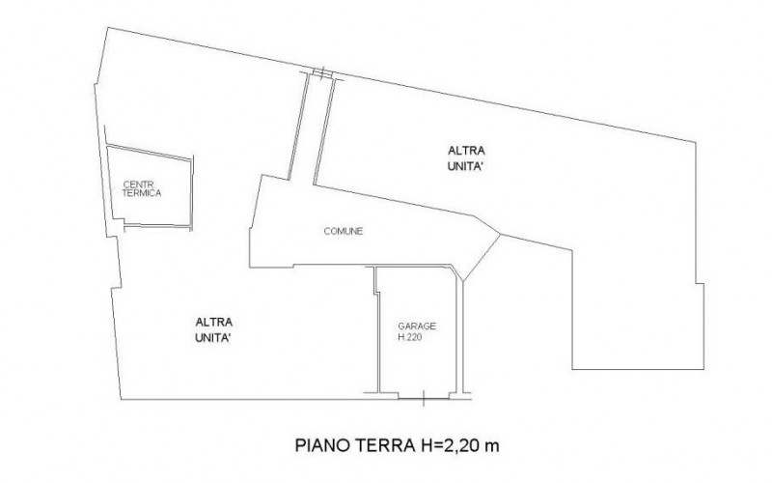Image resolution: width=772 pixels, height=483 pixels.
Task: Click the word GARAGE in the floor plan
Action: [x=417, y=327]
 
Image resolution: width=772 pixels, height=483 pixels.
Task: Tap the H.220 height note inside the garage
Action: [x=409, y=337]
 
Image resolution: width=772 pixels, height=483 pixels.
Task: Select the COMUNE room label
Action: [x=344, y=231]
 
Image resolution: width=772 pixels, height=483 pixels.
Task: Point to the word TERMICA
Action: [x=142, y=193]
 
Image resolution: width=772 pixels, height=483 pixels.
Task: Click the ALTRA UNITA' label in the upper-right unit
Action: [x=466, y=158]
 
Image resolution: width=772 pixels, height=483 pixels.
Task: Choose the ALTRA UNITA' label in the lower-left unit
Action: [x=213, y=329]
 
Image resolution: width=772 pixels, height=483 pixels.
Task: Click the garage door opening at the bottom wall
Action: [x=424, y=398]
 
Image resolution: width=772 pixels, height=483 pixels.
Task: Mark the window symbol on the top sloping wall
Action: [x=322, y=74]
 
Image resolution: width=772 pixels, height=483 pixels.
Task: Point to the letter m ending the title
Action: [x=491, y=447]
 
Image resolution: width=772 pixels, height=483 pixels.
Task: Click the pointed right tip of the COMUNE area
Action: [x=500, y=235]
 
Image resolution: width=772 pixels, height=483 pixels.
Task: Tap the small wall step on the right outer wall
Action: [x=700, y=284]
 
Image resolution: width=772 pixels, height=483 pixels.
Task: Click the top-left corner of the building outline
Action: [x=108, y=28]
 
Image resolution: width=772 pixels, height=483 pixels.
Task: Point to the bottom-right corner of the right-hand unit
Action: [x=703, y=369]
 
